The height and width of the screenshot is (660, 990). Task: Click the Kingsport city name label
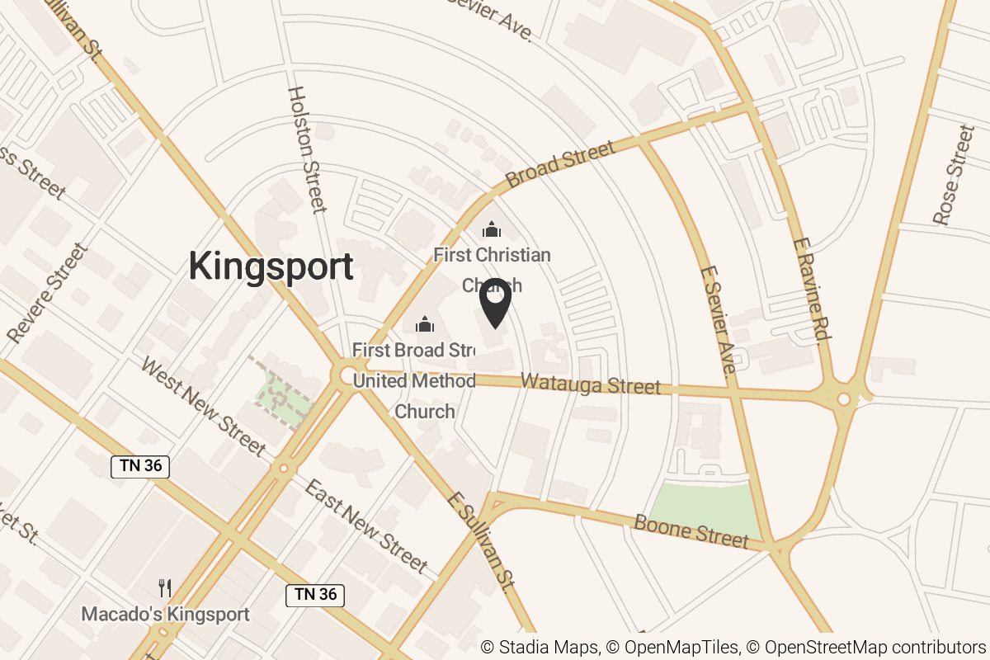point(271,267)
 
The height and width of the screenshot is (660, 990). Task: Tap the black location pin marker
point(495,301)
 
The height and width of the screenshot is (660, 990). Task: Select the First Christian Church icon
point(492,229)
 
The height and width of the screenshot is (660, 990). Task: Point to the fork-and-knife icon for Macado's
point(165,588)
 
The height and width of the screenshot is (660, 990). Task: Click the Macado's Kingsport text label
point(165,615)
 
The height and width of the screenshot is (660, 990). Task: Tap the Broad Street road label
point(560,164)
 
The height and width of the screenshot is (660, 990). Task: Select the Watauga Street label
point(592,384)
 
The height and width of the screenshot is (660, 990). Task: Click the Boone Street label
point(691,532)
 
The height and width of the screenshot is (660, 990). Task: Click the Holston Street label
point(305,150)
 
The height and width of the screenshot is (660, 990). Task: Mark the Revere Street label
point(47,293)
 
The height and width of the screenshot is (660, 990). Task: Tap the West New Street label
point(203,407)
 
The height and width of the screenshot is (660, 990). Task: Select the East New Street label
point(365,526)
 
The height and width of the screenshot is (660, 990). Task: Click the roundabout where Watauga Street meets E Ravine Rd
point(843,399)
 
